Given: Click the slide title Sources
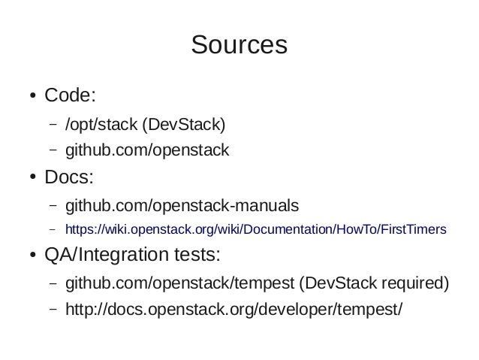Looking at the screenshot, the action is (239, 45).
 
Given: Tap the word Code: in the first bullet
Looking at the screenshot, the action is (70, 96).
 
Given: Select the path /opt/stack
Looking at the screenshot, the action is (96, 123).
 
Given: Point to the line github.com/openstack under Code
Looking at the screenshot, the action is (146, 150).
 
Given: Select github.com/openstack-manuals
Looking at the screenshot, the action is (182, 204).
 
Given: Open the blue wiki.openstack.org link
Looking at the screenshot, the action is (256, 228).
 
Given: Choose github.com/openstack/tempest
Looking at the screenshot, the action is (179, 283).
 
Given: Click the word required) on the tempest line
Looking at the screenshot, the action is (414, 283).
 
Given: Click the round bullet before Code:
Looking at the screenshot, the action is (34, 97).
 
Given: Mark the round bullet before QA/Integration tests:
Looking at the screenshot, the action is (34, 256).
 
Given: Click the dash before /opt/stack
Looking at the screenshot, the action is (53, 124).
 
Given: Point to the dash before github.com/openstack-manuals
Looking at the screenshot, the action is (53, 205).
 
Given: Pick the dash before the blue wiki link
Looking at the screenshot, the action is (53, 229).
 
